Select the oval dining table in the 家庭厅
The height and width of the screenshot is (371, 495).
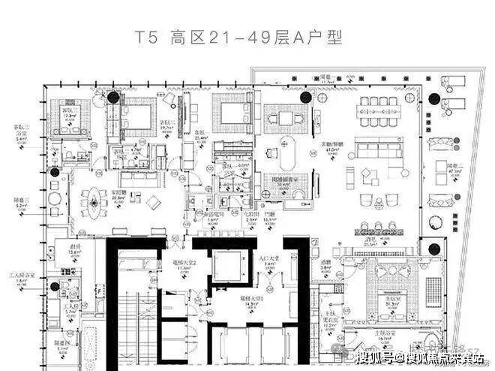point(94,201)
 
